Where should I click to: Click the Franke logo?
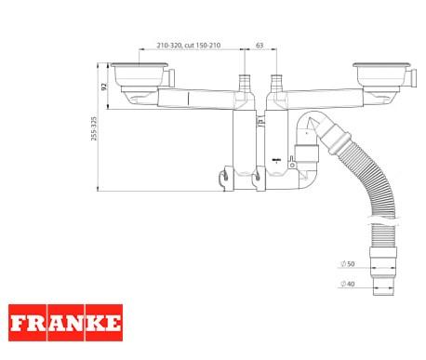[65, 323]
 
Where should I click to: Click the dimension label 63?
[260, 46]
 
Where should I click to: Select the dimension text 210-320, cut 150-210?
[189, 46]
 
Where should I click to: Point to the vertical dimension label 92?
[104, 87]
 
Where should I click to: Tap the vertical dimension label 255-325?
[94, 128]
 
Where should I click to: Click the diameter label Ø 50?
[348, 264]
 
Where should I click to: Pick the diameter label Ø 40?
[348, 284]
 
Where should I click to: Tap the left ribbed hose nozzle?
[245, 83]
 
